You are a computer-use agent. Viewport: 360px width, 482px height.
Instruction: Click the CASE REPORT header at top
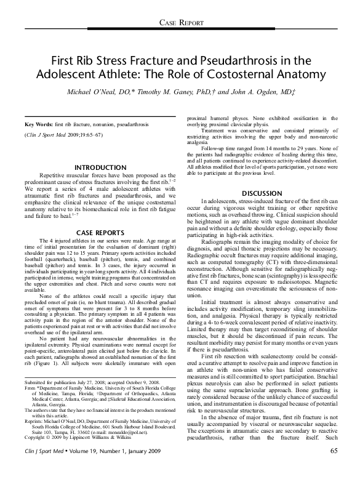pyautogui.click(x=180, y=23)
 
